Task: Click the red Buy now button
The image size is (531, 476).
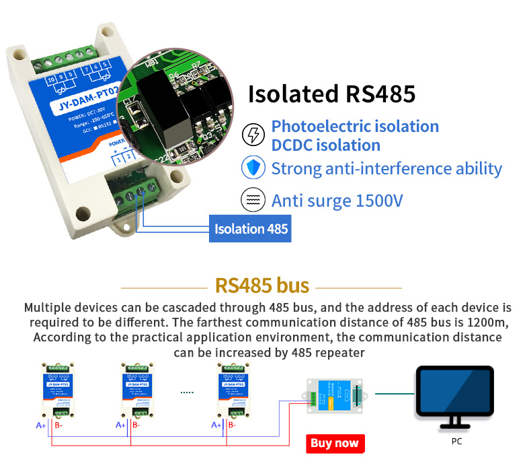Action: pyautogui.click(x=335, y=443)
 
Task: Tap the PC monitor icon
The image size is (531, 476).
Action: pyautogui.click(x=456, y=397)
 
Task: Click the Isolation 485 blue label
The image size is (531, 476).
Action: pyautogui.click(x=250, y=229)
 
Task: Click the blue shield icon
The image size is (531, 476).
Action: pyautogui.click(x=253, y=168)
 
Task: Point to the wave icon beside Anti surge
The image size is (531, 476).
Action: pyautogui.click(x=253, y=200)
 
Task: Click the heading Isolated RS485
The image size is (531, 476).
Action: pyautogui.click(x=332, y=94)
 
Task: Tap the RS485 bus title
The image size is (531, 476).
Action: pyautogui.click(x=262, y=285)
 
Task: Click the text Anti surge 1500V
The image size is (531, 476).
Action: pyautogui.click(x=337, y=201)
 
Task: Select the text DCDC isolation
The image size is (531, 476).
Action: pyautogui.click(x=325, y=145)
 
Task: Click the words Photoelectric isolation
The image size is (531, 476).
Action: pyautogui.click(x=355, y=126)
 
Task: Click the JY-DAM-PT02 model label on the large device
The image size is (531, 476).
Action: pyautogui.click(x=74, y=107)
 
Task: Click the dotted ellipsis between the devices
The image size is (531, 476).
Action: pyautogui.click(x=187, y=391)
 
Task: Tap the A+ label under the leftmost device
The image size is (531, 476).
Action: pyautogui.click(x=40, y=426)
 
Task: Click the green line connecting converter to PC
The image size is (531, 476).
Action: pyautogui.click(x=393, y=393)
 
